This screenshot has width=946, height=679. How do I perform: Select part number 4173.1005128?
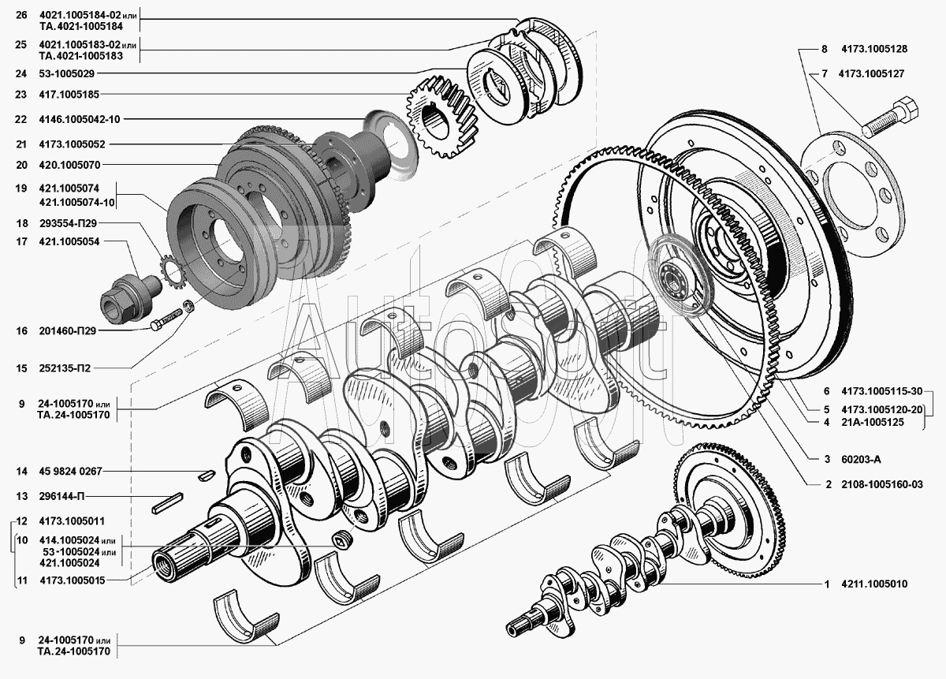coord(874,49)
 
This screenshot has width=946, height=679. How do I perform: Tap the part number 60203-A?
coord(861,459)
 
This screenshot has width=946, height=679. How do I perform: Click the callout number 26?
coord(21,15)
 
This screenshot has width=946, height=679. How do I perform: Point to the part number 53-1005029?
coord(67,73)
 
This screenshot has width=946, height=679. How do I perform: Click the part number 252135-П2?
coord(65,368)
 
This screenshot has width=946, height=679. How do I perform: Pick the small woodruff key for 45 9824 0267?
coord(207,475)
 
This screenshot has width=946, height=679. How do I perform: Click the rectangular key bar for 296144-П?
coord(167,503)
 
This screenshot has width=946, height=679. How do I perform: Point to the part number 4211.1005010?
coord(874,584)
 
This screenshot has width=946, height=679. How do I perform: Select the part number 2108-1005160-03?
coord(882,484)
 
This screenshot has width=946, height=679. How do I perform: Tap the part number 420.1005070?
coord(69,165)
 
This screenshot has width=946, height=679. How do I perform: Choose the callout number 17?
coord(21,241)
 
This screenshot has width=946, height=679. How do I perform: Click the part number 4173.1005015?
coord(73,580)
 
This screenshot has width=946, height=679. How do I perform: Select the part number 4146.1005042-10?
coord(80,119)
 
